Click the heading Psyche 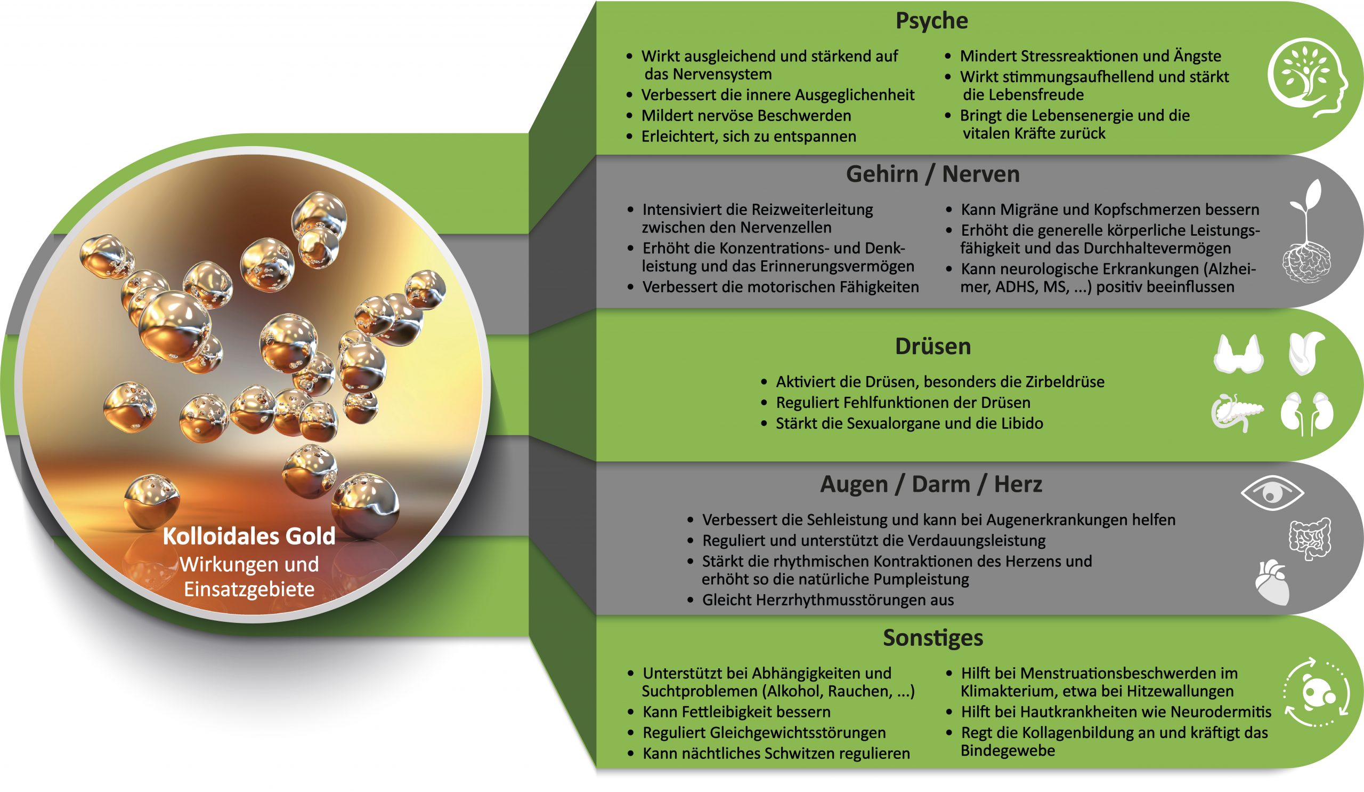click(x=931, y=21)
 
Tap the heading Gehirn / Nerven click(x=932, y=174)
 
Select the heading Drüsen click(x=932, y=347)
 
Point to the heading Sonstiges click(x=932, y=638)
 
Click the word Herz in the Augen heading click(x=1018, y=484)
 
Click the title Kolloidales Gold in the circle click(x=249, y=537)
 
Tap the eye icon click(x=1272, y=493)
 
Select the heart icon click(x=1272, y=582)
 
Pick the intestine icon click(x=1310, y=539)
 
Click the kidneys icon click(x=1306, y=413)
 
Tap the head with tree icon click(x=1307, y=77)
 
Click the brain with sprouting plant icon click(x=1306, y=233)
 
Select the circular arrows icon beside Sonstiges click(x=1316, y=692)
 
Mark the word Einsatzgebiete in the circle click(x=249, y=589)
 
